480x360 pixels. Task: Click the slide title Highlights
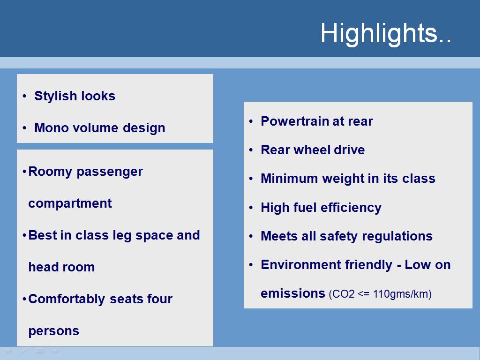tap(386, 34)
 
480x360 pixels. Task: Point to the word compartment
tap(70, 204)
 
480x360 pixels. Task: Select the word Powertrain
tap(294, 121)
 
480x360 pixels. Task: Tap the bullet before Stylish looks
tap(24, 97)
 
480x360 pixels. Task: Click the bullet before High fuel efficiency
tap(251, 208)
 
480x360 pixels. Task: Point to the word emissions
tap(292, 293)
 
